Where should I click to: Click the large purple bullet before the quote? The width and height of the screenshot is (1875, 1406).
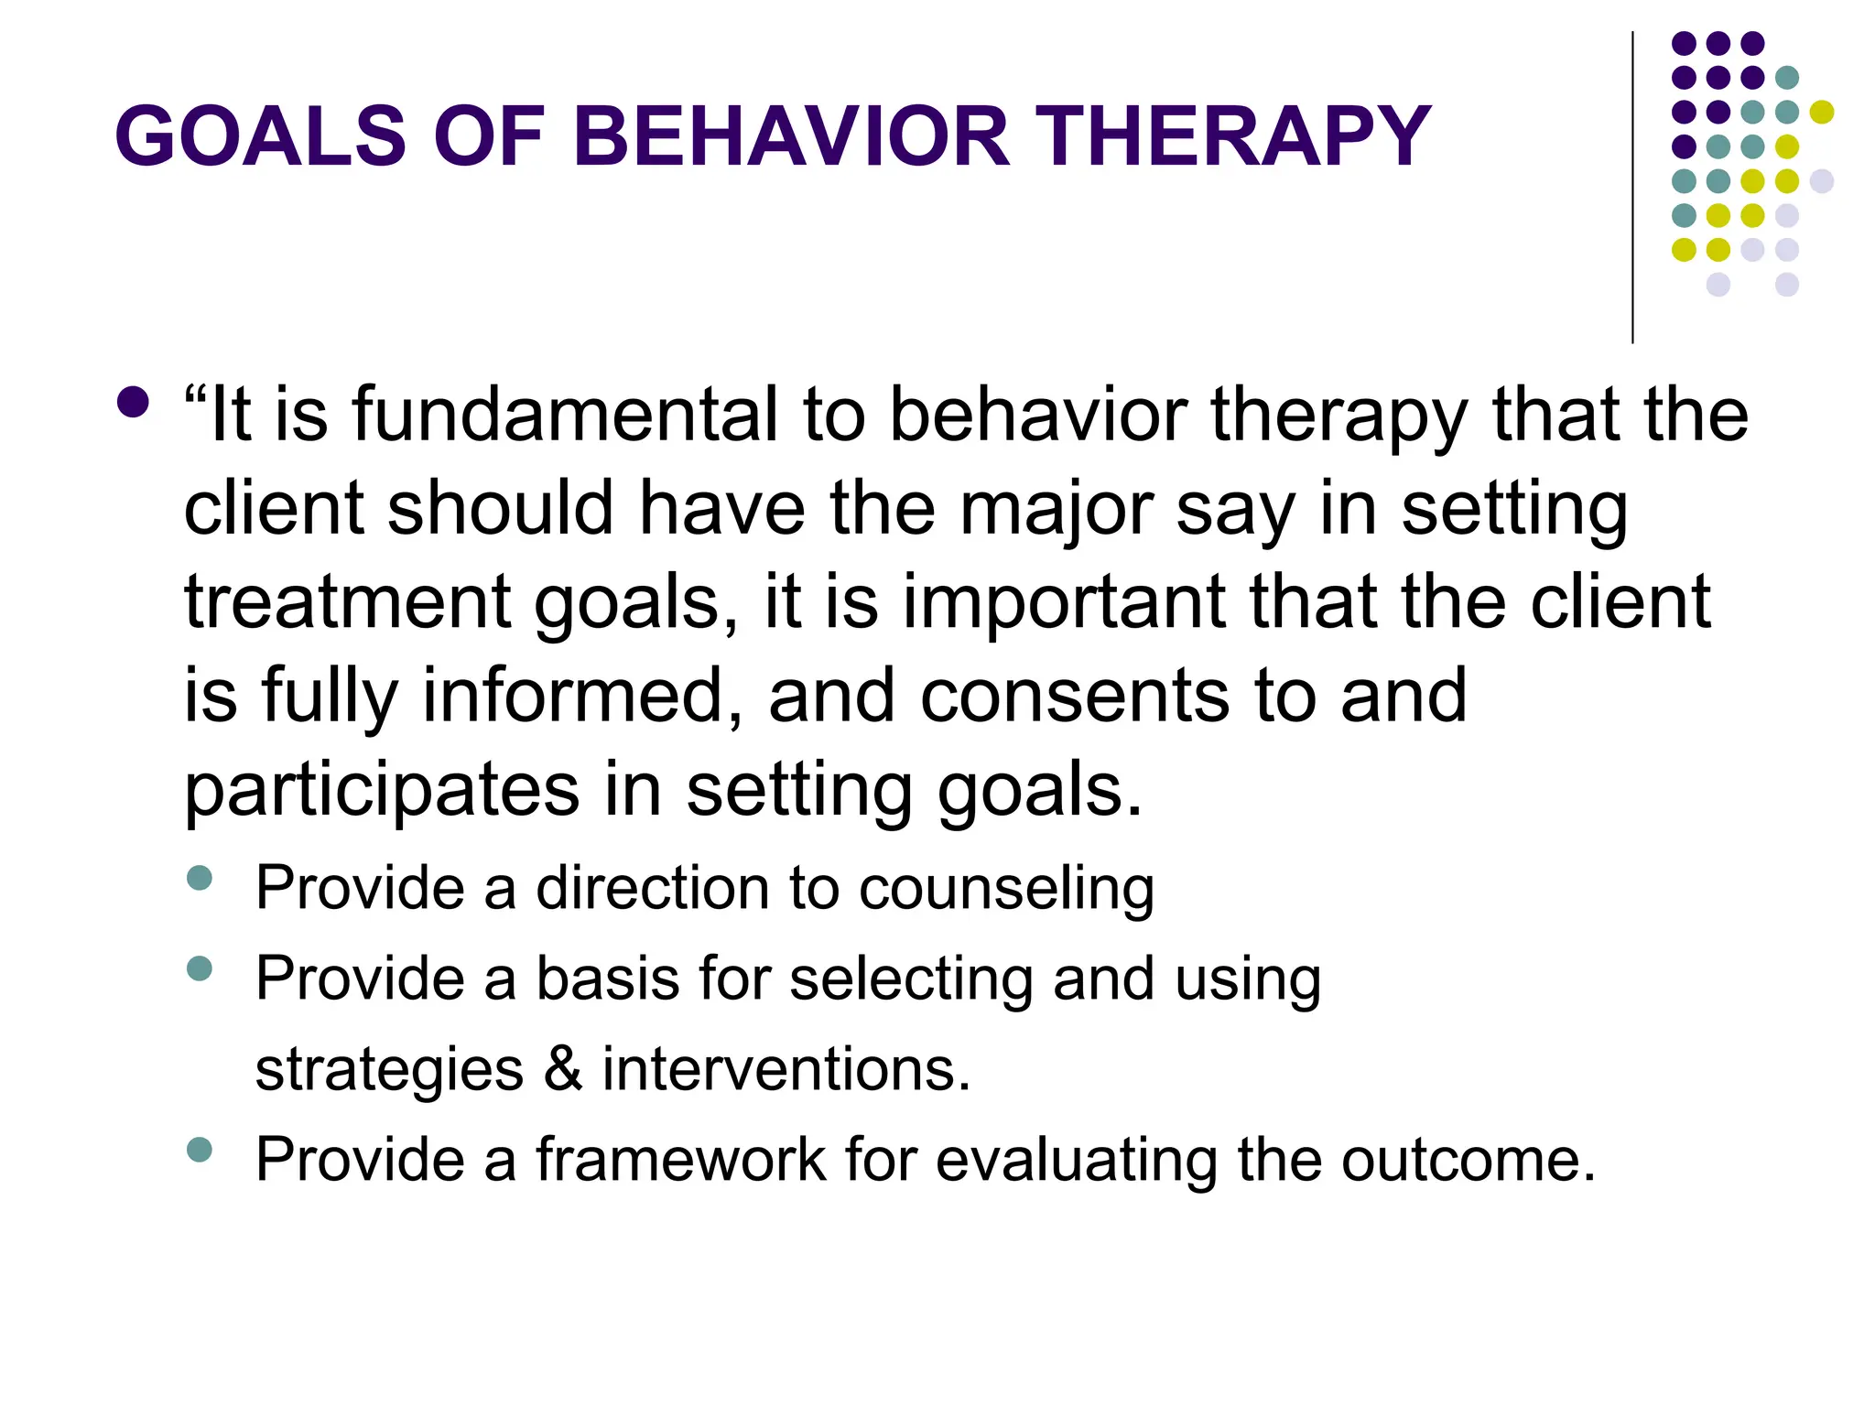click(x=134, y=402)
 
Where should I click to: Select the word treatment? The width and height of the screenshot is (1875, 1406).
click(x=347, y=603)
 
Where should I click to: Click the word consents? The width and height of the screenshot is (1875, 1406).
click(x=1074, y=696)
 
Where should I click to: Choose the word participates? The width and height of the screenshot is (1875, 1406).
click(x=382, y=791)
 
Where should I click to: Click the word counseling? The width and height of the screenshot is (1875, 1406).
click(x=1006, y=888)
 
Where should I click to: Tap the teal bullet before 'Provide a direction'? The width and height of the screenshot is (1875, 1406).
click(x=200, y=878)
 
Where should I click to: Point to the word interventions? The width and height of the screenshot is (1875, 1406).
click(x=786, y=1068)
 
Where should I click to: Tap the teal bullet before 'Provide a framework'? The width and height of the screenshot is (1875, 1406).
click(x=200, y=1149)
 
